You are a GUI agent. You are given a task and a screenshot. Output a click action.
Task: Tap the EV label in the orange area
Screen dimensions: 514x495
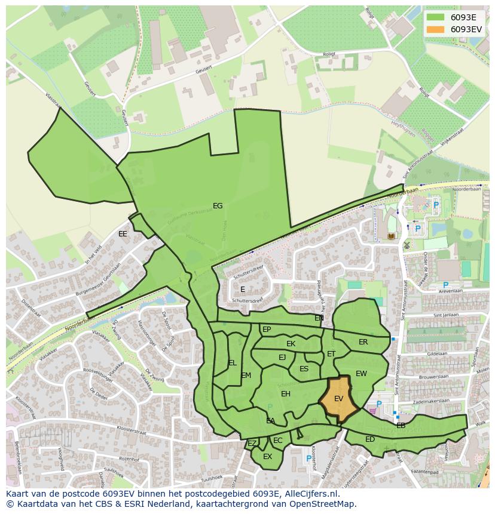tap(338, 399)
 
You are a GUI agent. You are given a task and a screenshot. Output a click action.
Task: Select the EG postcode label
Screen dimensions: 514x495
tap(218, 206)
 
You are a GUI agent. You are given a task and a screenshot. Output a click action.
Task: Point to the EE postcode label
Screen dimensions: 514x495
tap(123, 234)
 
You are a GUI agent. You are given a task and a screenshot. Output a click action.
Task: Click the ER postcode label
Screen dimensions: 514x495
tap(363, 342)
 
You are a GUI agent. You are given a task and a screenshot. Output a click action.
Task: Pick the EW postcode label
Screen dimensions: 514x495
tap(361, 374)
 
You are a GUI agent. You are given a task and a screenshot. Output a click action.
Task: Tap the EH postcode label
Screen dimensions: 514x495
tap(286, 394)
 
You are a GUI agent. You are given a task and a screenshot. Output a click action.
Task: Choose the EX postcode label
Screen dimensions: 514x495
tap(267, 457)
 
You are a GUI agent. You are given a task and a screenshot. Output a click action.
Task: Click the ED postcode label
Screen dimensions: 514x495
tap(369, 439)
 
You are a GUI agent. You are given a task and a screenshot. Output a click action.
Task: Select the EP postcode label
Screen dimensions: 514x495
tap(267, 330)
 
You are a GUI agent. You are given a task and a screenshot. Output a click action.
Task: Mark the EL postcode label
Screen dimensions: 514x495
tap(233, 363)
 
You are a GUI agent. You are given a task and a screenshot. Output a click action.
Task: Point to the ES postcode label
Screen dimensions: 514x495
tap(304, 369)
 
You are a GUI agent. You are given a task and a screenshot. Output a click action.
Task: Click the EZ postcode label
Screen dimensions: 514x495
tap(252, 444)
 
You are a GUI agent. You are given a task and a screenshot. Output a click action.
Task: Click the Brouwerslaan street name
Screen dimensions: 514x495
tap(433, 377)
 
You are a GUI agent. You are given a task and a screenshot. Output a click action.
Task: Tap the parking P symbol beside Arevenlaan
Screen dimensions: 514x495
tap(445, 285)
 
